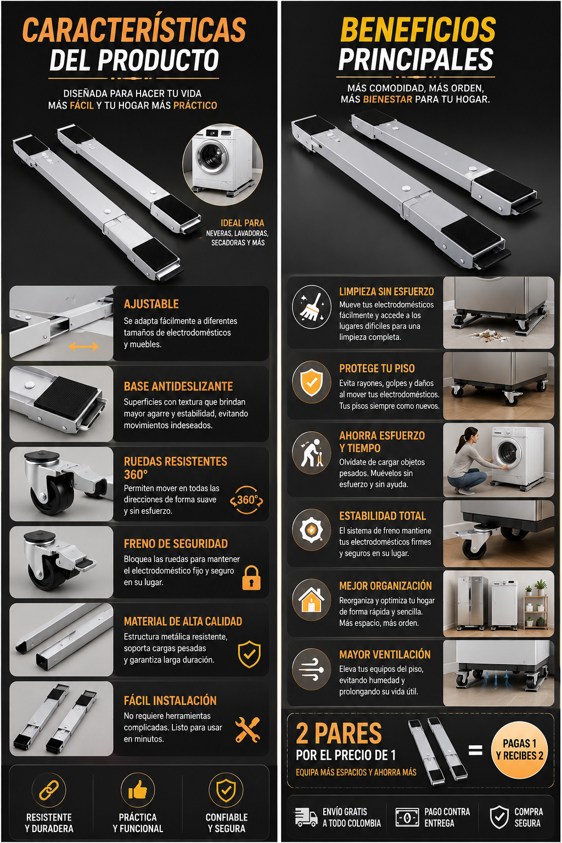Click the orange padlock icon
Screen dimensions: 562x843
click(251, 578)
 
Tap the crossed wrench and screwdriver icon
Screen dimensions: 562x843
click(248, 730)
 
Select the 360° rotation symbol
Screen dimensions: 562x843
click(246, 500)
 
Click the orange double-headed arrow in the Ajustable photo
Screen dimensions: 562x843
click(83, 347)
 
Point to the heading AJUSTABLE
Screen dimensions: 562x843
click(151, 304)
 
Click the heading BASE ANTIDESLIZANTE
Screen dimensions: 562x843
click(178, 386)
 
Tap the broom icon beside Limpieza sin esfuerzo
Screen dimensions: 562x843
click(312, 307)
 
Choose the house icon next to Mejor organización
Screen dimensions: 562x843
click(311, 599)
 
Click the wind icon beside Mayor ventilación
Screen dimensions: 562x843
click(311, 670)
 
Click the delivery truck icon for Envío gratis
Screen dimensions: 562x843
click(306, 817)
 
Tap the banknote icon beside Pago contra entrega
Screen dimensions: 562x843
click(407, 817)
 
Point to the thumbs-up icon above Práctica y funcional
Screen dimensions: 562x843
click(138, 790)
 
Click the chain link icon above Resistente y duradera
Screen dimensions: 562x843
click(49, 790)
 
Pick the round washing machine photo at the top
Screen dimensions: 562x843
click(222, 164)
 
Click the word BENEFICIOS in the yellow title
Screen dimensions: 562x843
click(418, 30)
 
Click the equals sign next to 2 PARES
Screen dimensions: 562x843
click(475, 750)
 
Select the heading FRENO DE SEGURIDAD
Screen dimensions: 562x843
click(176, 544)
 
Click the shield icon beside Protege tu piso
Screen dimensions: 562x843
click(311, 383)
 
